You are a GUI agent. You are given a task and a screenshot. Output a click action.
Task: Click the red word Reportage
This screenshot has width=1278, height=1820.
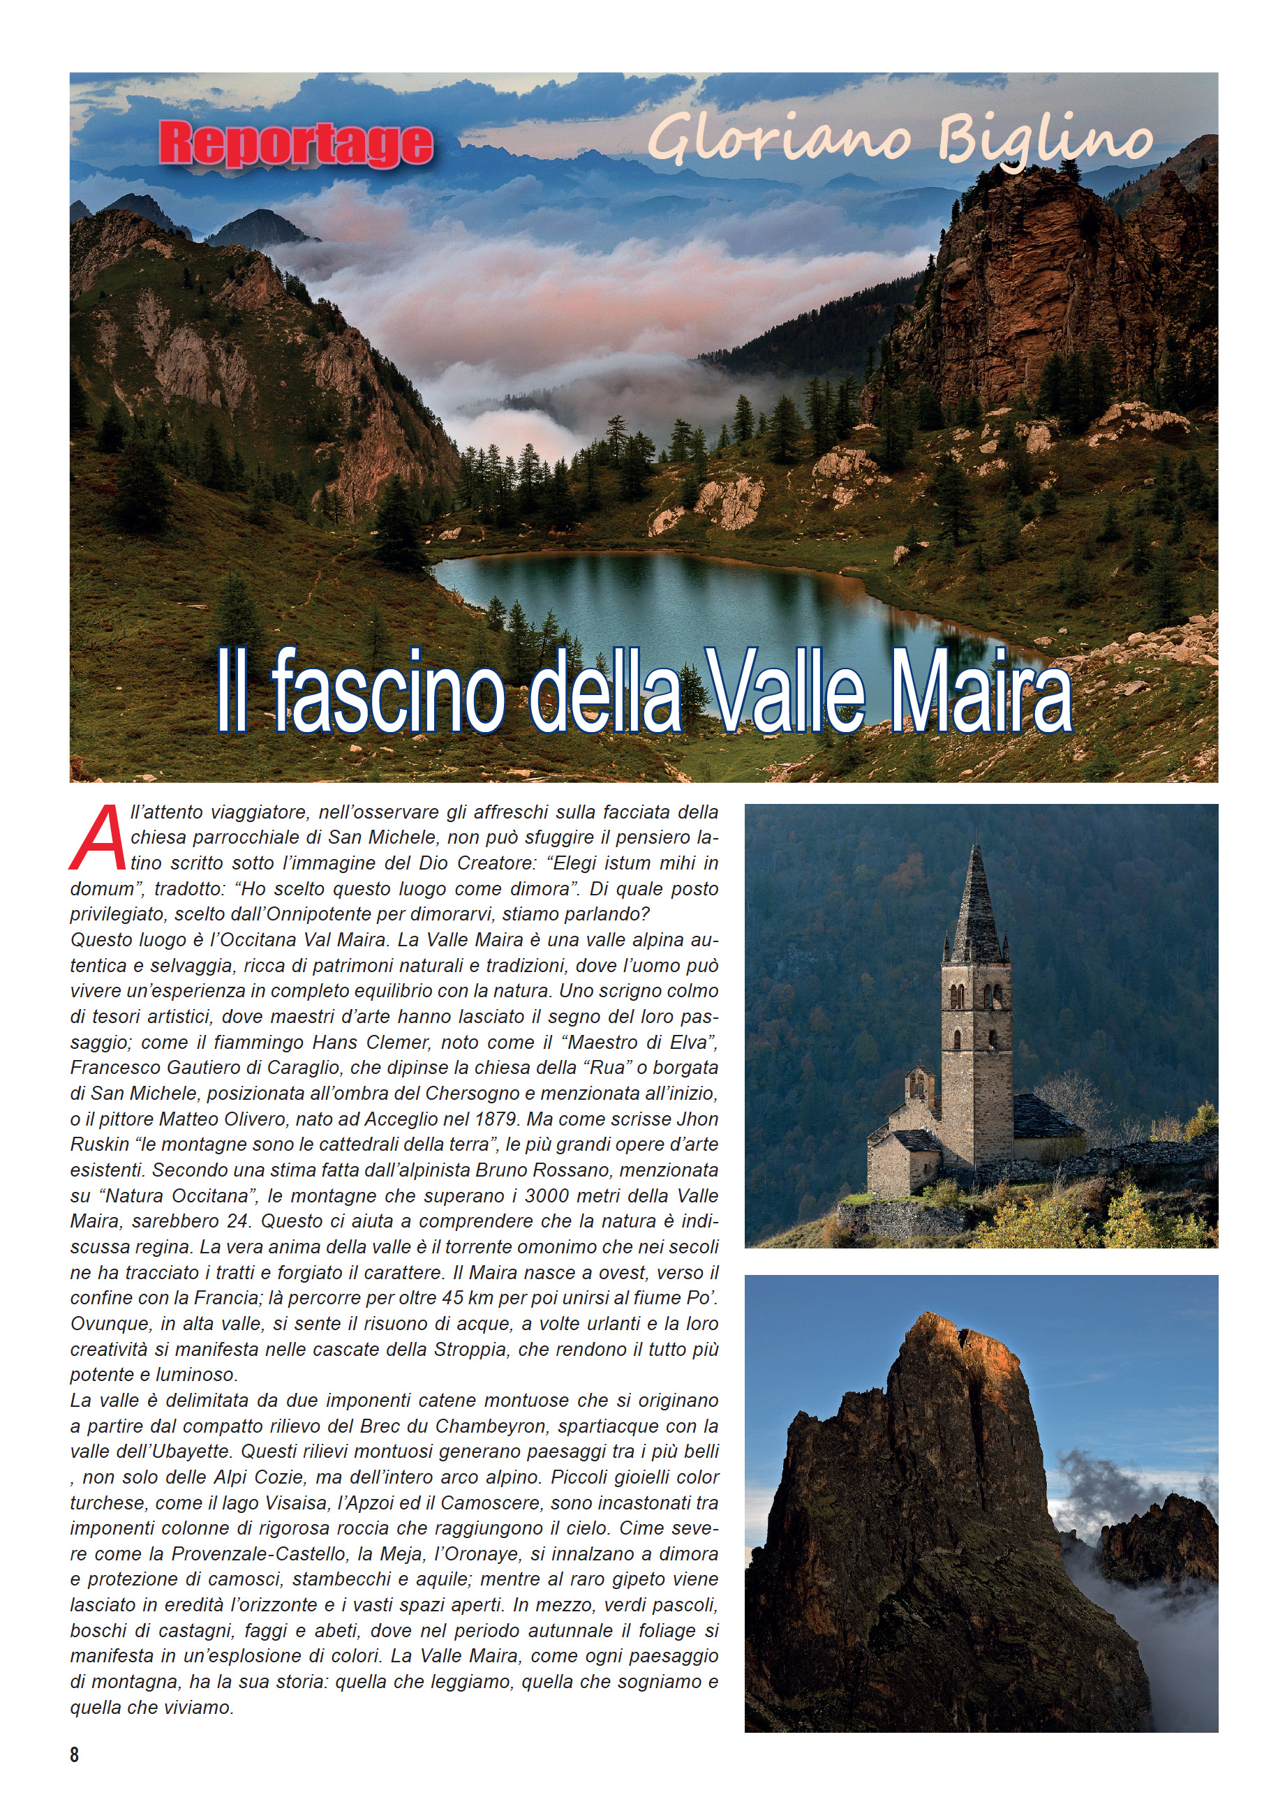(296, 144)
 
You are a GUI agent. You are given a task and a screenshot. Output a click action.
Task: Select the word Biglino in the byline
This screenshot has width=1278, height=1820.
(1044, 141)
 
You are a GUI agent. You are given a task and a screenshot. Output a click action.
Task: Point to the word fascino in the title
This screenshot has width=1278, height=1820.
(389, 690)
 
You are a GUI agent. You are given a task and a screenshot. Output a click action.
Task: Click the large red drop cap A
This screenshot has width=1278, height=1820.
(98, 839)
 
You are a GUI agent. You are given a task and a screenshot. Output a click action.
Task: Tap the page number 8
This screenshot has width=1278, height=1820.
(75, 1754)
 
